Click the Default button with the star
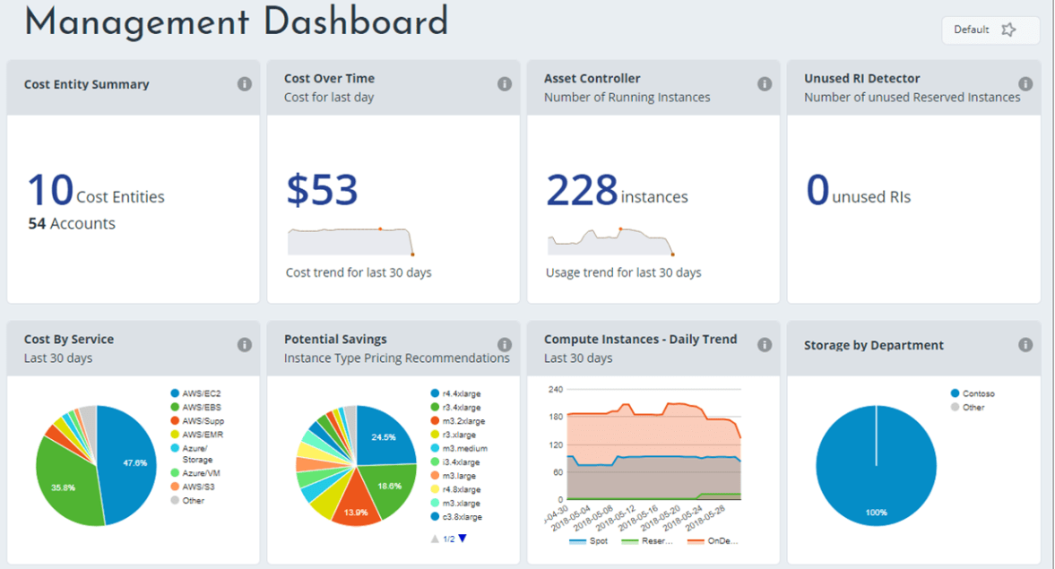[990, 30]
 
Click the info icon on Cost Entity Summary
[244, 83]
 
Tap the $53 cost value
[323, 190]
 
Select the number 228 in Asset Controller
[582, 190]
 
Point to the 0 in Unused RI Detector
[817, 190]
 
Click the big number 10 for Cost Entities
[50, 190]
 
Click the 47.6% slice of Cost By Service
[130, 461]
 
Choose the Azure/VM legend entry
[201, 472]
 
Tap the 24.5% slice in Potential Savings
[383, 437]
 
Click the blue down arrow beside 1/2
[463, 539]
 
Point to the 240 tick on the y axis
[555, 390]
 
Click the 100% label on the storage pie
[876, 513]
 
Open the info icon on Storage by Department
[1025, 344]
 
